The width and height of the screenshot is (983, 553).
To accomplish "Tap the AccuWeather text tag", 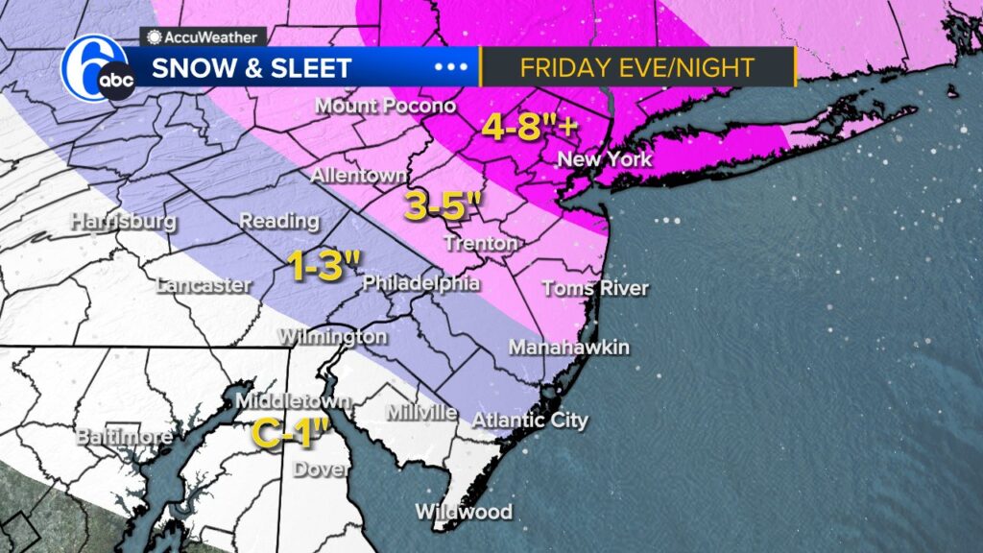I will coord(204,36).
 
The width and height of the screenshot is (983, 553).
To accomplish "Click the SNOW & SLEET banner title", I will coord(252,69).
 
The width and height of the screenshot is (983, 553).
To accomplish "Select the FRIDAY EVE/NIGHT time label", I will coord(636,68).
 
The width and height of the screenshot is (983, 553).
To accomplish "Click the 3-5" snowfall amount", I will coord(442,205).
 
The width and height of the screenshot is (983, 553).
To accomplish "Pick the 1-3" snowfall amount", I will coord(325,266).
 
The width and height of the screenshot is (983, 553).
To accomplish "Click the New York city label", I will coord(604,159).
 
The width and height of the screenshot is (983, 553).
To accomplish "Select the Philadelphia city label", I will coord(420,284).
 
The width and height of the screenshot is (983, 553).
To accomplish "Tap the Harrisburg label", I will coord(124,221).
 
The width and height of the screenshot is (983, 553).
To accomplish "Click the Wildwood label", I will coord(464,512).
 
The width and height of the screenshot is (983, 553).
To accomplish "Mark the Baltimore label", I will coord(124,438).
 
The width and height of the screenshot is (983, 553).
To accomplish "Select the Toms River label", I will coord(595,288).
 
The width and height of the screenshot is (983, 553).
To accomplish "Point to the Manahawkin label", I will coord(568,347).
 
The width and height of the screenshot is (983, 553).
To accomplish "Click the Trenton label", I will coord(481,244).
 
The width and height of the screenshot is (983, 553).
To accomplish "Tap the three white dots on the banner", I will coord(450,68).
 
